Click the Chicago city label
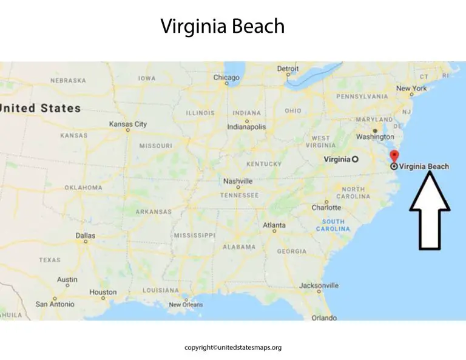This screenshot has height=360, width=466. point(226,78)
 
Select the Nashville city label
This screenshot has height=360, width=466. point(238,181)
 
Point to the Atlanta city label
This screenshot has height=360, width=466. point(274,225)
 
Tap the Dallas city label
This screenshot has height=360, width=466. point(85,236)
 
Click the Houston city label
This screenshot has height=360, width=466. point(103,292)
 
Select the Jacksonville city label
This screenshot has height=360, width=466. point(319,285)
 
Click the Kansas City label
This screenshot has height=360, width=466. point(127,124)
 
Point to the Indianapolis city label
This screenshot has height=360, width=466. point(246,127)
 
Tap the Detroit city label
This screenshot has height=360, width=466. point(288,69)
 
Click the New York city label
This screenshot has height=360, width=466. point(411,89)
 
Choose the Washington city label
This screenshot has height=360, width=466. point(375,137)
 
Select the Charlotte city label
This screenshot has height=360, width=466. point(326,208)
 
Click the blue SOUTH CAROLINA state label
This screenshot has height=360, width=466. point(333,225)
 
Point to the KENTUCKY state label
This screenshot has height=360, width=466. point(264,164)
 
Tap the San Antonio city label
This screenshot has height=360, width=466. point(55,304)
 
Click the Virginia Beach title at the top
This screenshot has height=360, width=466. point(222,26)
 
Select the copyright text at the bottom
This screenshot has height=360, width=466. point(233,348)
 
